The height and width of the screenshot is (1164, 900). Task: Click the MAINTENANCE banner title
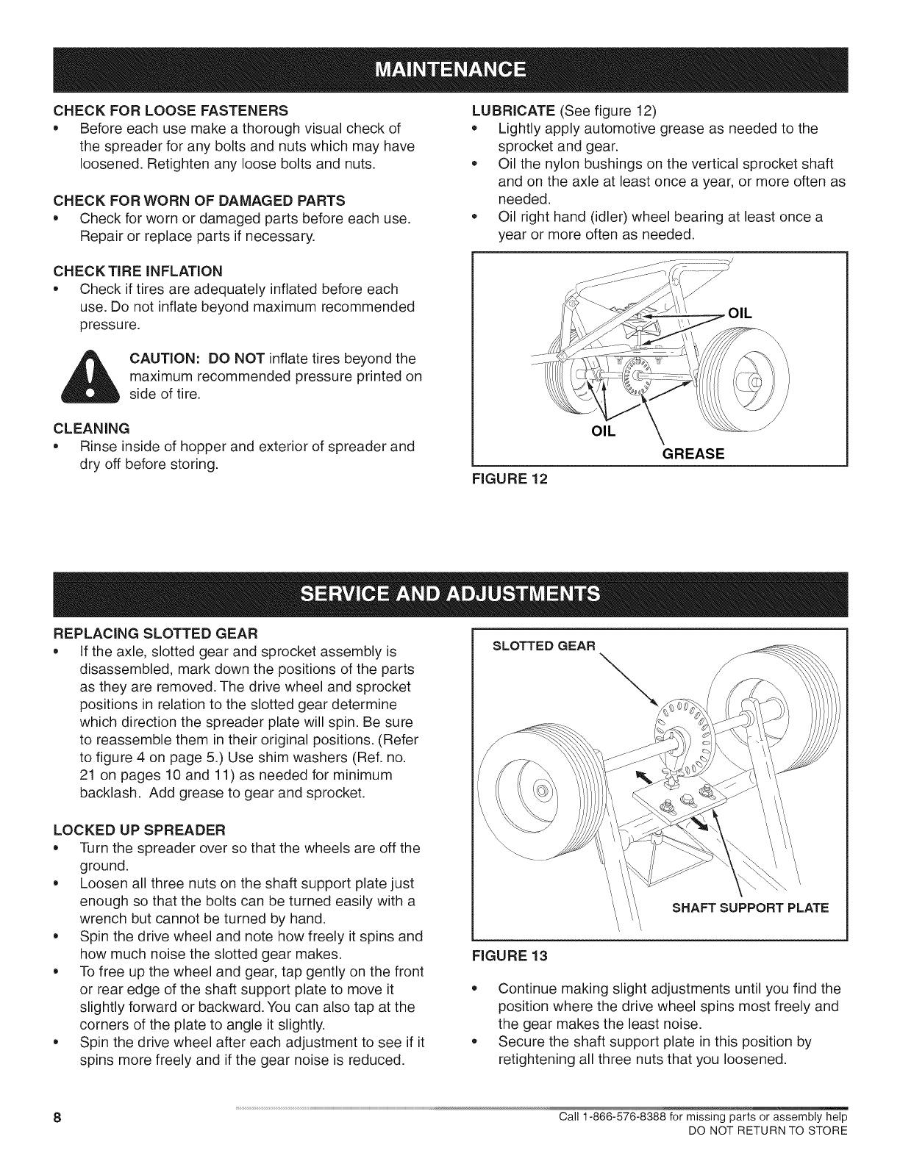click(x=450, y=70)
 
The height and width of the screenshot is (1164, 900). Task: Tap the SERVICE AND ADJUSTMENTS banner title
click(x=450, y=593)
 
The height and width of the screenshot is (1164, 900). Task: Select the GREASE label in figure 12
click(x=694, y=454)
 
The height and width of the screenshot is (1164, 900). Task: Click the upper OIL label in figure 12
click(x=740, y=313)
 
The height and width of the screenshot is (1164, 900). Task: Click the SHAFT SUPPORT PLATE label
click(x=751, y=908)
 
